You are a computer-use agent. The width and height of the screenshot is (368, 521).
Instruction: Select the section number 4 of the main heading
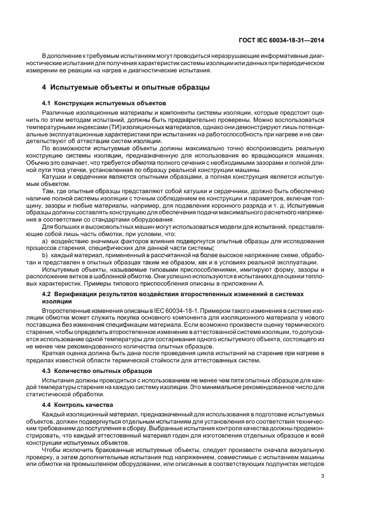point(45,87)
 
